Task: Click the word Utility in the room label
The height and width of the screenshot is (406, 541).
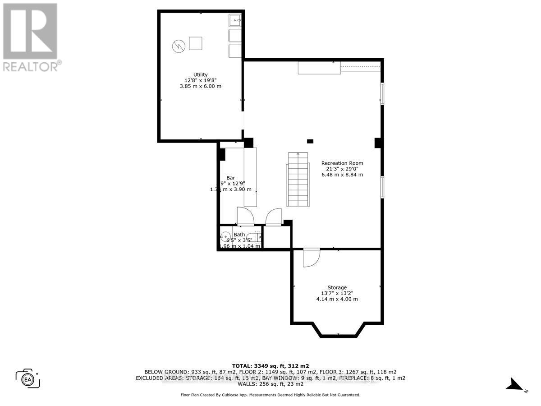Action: click(x=201, y=74)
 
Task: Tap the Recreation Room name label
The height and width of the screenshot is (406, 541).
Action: click(x=342, y=163)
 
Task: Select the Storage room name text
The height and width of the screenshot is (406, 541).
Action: click(x=337, y=287)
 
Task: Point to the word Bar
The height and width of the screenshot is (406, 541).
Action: click(x=230, y=178)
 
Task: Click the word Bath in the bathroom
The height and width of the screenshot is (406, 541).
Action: click(x=239, y=235)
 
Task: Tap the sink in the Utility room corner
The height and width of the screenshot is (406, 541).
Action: click(x=235, y=21)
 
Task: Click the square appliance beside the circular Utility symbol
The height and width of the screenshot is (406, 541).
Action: click(x=196, y=43)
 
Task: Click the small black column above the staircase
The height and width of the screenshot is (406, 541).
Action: click(x=310, y=141)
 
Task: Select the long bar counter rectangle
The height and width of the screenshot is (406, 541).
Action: click(x=250, y=177)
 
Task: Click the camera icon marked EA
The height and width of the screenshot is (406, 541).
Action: click(x=28, y=378)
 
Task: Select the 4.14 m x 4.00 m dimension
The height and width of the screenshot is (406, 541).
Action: click(x=337, y=299)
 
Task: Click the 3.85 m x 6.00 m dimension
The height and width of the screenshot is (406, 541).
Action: click(x=201, y=86)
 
